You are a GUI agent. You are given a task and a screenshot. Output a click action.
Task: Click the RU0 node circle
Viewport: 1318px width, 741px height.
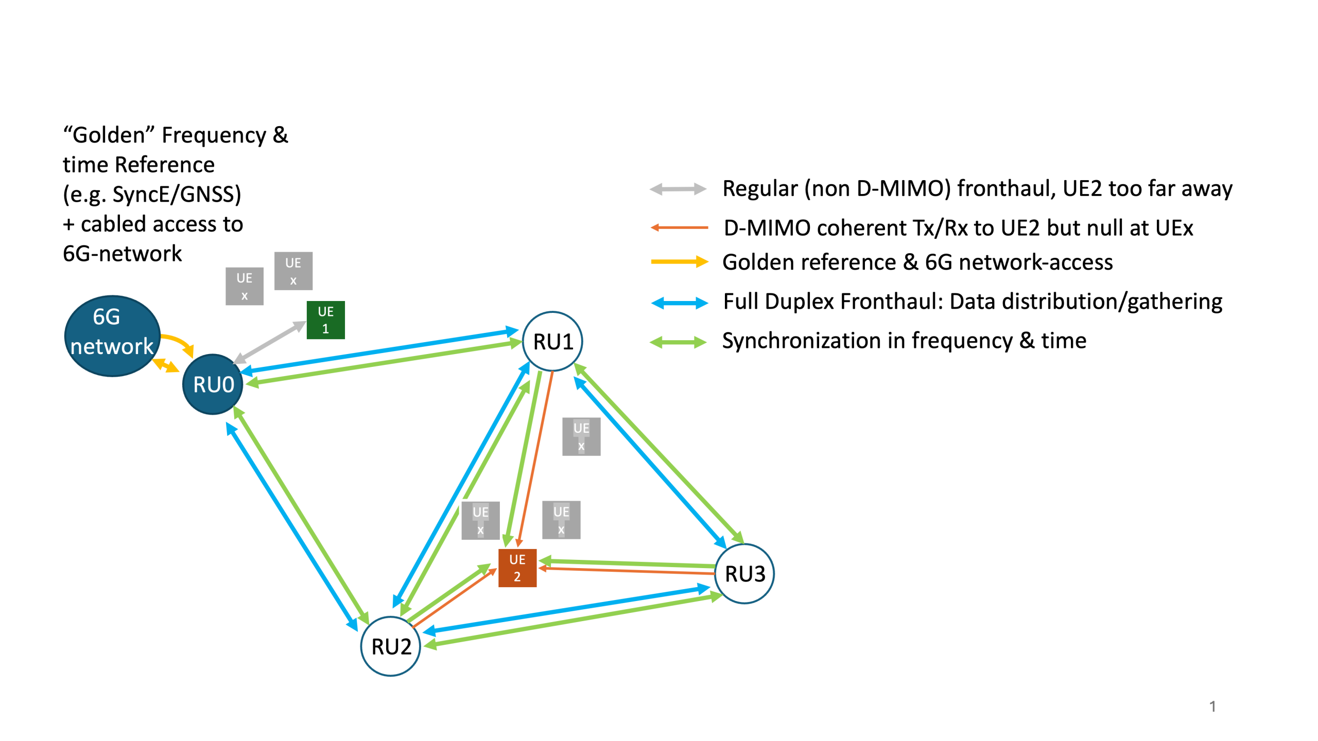point(213,384)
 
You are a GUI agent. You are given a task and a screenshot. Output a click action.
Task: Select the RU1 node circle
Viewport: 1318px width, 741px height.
point(552,341)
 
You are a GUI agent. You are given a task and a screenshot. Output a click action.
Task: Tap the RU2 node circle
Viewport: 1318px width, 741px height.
point(391,646)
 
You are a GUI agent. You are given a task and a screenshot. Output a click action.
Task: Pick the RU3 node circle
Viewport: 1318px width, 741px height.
point(744,573)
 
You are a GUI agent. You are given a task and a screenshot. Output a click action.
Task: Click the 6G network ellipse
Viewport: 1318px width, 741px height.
point(112,336)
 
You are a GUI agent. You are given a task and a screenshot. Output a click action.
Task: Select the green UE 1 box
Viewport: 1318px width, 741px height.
point(325,320)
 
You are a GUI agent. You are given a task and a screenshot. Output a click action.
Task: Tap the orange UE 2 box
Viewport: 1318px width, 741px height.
point(517,568)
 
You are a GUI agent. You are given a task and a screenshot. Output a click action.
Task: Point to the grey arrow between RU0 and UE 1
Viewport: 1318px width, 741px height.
point(270,342)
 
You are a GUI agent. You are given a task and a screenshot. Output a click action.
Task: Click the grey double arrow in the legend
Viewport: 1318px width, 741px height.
point(678,189)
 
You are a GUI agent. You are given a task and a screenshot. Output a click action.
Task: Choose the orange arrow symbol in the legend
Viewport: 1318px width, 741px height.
point(679,227)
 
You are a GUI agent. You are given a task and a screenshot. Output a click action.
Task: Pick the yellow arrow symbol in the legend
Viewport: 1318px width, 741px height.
point(679,262)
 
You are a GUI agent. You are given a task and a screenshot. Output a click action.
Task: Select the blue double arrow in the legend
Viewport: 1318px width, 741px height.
point(679,303)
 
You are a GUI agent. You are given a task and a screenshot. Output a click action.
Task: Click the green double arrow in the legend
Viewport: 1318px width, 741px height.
point(678,342)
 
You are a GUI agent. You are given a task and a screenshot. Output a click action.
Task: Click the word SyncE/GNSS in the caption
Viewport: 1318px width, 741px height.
point(177,195)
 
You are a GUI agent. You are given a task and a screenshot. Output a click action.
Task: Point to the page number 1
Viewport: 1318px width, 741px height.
point(1212,706)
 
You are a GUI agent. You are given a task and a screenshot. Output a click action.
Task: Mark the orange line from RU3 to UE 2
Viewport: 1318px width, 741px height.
point(628,571)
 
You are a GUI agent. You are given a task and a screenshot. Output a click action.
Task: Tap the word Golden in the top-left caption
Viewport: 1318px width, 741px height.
point(109,135)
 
